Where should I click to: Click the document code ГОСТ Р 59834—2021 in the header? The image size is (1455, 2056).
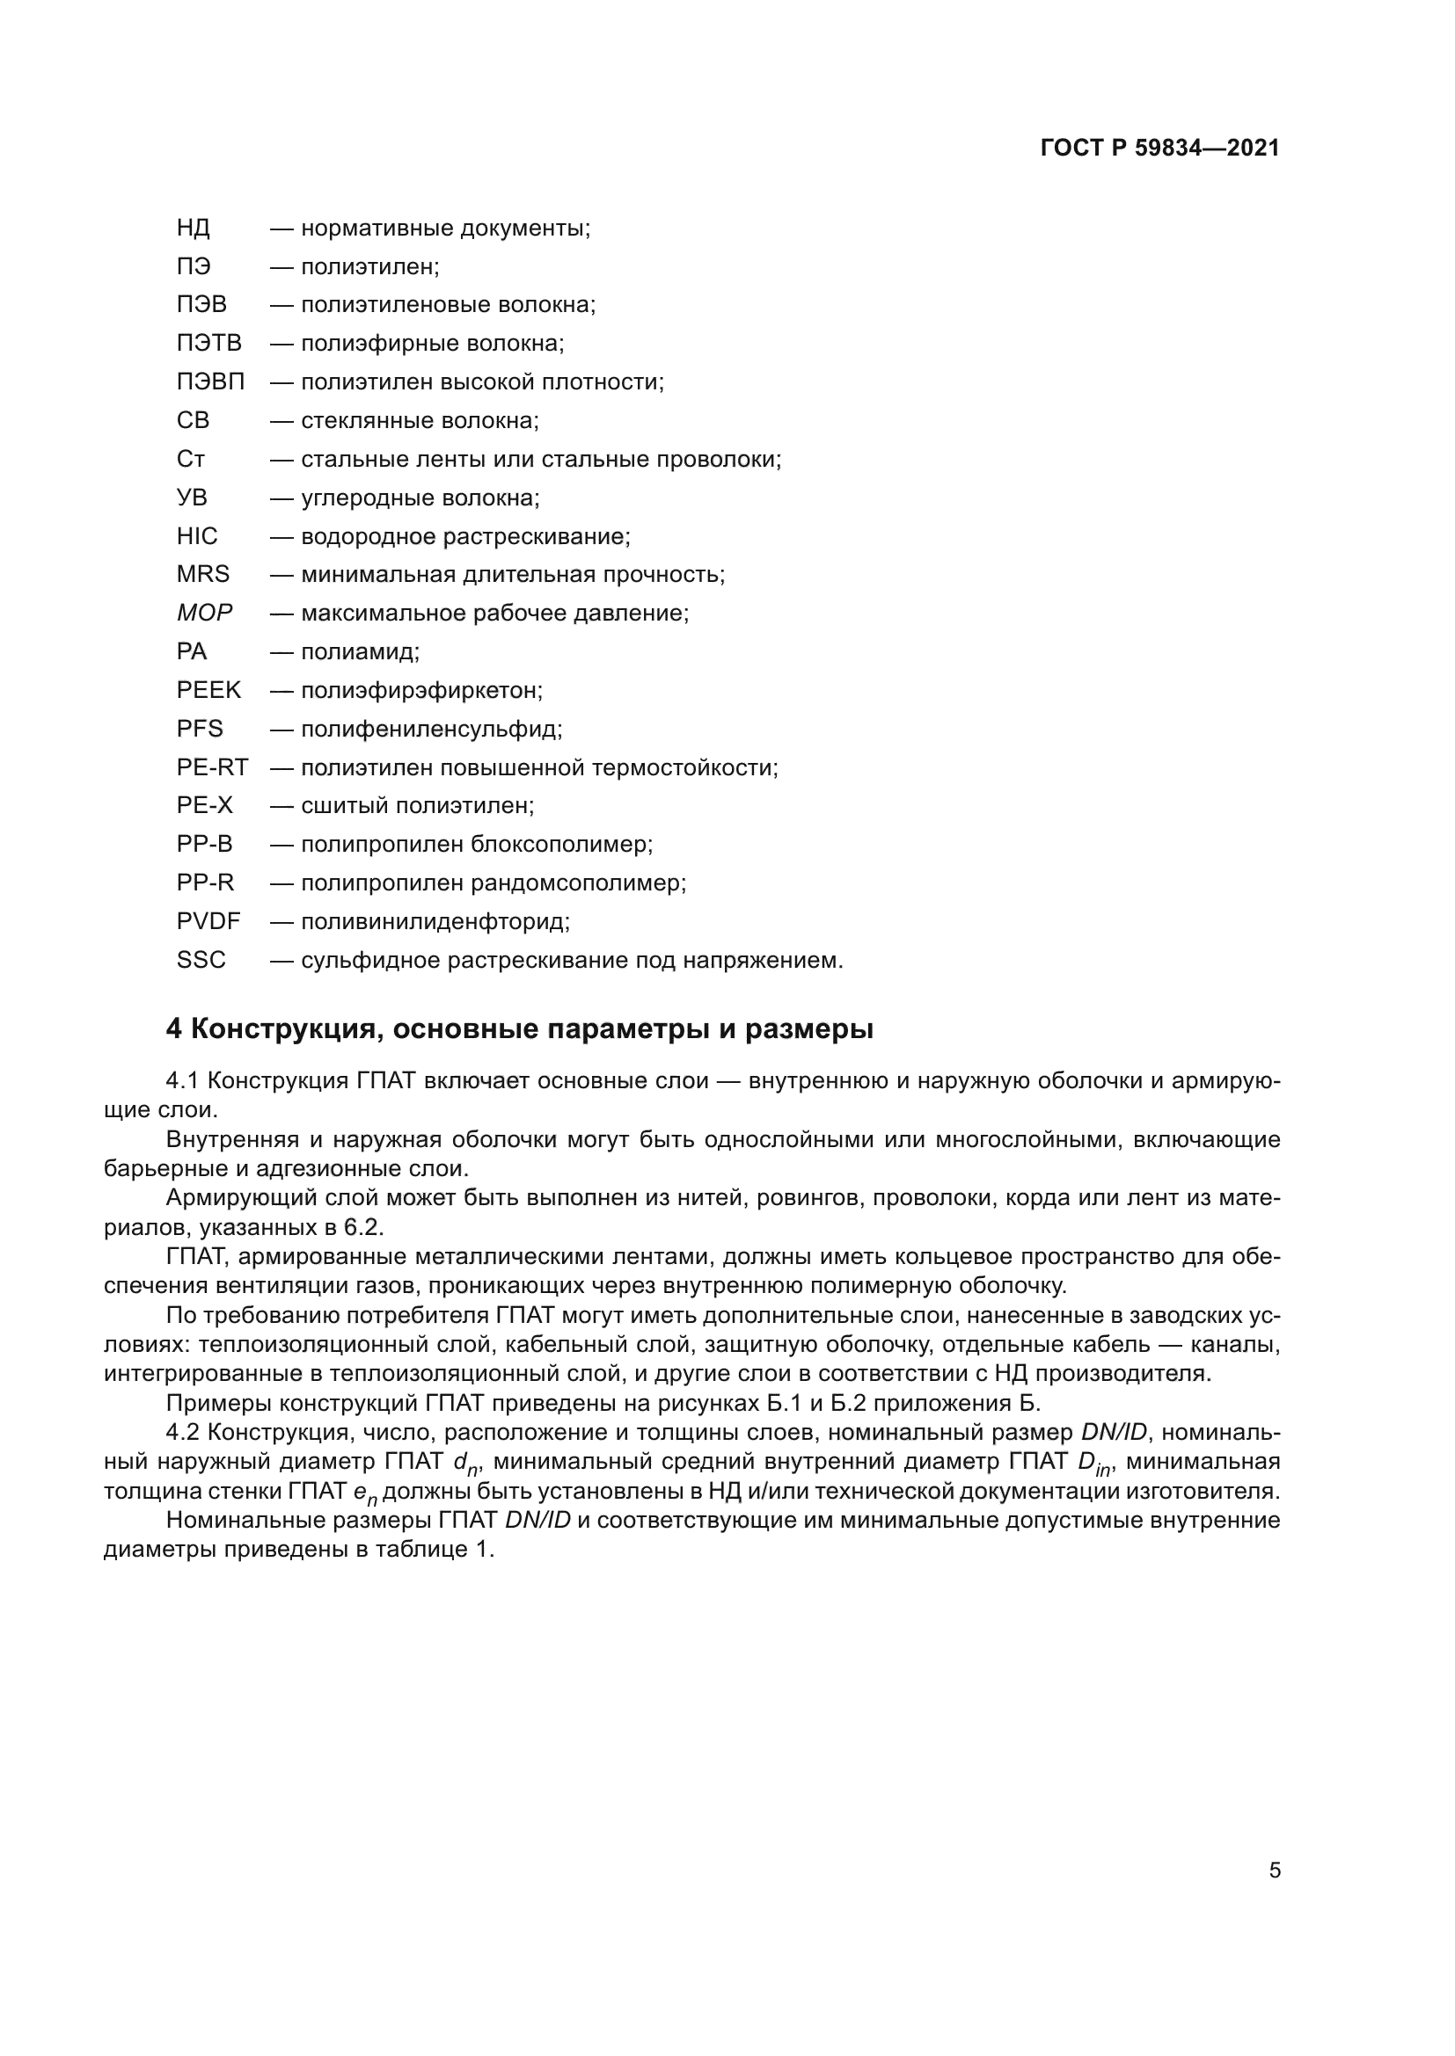click(1159, 149)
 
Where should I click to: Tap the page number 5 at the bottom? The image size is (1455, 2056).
click(1275, 1871)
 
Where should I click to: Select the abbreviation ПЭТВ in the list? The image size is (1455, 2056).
click(208, 344)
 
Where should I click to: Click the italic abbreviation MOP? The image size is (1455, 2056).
click(204, 614)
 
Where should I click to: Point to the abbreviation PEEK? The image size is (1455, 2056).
click(208, 690)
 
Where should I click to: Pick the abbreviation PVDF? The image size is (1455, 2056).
click(208, 921)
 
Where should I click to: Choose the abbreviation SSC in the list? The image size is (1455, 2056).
click(201, 960)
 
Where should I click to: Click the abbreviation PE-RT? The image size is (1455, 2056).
click(212, 767)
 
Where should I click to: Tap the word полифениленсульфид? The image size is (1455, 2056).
click(431, 729)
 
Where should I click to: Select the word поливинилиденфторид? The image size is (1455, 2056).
click(435, 921)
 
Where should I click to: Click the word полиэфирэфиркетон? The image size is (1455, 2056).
click(421, 690)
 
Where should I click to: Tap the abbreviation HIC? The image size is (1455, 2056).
click(197, 536)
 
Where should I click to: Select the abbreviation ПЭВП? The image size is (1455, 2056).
click(210, 382)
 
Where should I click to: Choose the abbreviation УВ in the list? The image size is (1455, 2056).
click(192, 498)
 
